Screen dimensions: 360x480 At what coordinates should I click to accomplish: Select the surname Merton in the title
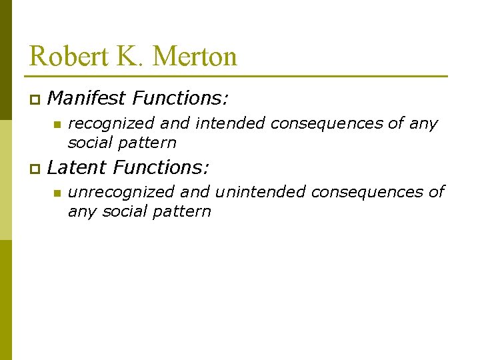click(x=195, y=56)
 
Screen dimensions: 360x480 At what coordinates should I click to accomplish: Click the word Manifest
click(x=87, y=99)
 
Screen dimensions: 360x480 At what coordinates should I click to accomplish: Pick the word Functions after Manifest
click(x=181, y=99)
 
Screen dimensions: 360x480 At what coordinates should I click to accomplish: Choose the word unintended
click(x=260, y=192)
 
